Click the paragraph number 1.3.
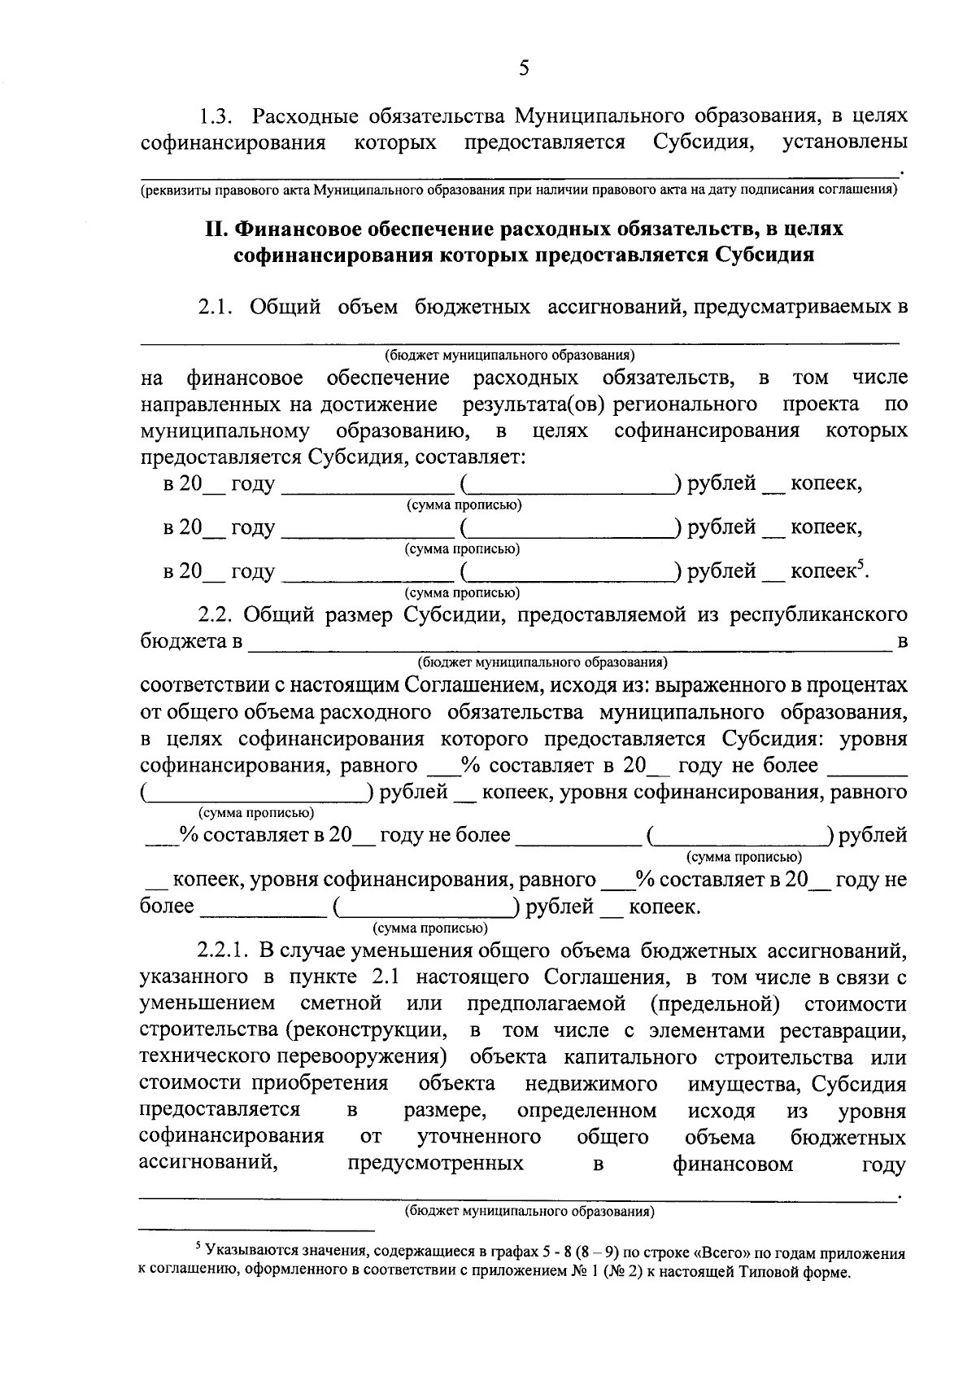click(x=218, y=116)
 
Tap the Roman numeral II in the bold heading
click(x=215, y=229)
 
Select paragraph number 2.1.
click(x=216, y=307)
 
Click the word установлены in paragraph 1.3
click(x=845, y=142)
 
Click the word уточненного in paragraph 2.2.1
click(x=480, y=1137)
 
